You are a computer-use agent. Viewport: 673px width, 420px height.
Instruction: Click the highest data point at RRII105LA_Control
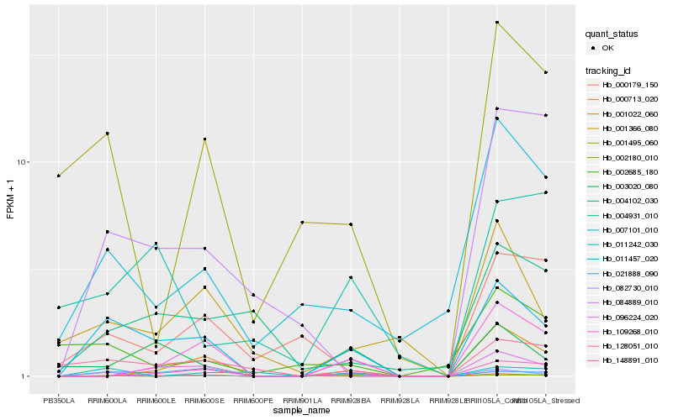point(497,23)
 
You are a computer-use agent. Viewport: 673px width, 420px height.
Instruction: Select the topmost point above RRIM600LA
point(108,134)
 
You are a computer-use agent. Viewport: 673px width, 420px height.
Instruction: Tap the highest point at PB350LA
point(59,176)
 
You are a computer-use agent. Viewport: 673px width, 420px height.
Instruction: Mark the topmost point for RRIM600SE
point(205,139)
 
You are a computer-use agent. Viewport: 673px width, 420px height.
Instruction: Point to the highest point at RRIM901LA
point(302,223)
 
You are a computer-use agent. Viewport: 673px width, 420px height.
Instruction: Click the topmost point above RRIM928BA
point(351,224)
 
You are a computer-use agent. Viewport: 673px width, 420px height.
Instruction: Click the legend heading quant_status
point(612,34)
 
